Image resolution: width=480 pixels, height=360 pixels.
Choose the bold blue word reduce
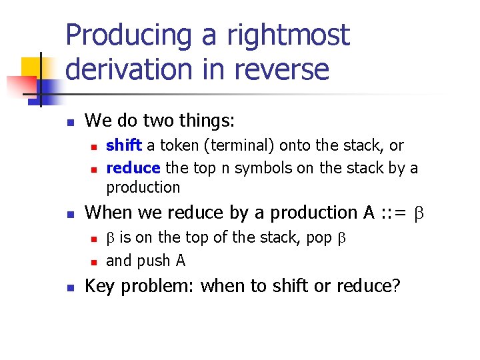133,168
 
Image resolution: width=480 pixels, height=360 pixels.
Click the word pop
319,238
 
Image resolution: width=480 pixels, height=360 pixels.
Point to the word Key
99,286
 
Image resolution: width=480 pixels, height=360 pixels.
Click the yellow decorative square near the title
32,69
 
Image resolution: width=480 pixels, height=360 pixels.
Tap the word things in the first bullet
204,121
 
